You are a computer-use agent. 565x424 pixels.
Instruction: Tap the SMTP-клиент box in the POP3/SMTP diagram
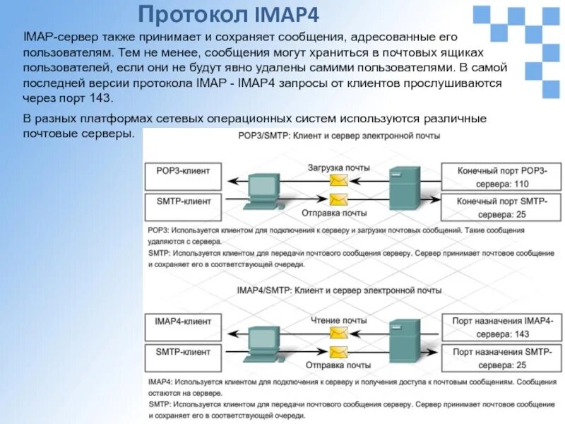pyautogui.click(x=183, y=201)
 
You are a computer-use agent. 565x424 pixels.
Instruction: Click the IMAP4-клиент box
pyautogui.click(x=183, y=321)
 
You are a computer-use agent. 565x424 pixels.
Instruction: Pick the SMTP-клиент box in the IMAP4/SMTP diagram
pyautogui.click(x=183, y=351)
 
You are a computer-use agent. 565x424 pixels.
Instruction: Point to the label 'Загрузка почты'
pyautogui.click(x=338, y=167)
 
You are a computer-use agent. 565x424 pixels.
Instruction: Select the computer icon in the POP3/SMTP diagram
pyautogui.click(x=261, y=191)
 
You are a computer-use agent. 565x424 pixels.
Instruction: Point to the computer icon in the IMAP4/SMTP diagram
pyautogui.click(x=261, y=342)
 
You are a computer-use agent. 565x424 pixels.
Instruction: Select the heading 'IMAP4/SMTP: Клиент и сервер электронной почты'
pyautogui.click(x=338, y=290)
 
